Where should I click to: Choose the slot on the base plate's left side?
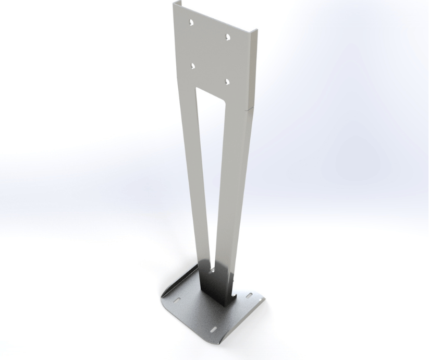[x=177, y=300]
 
